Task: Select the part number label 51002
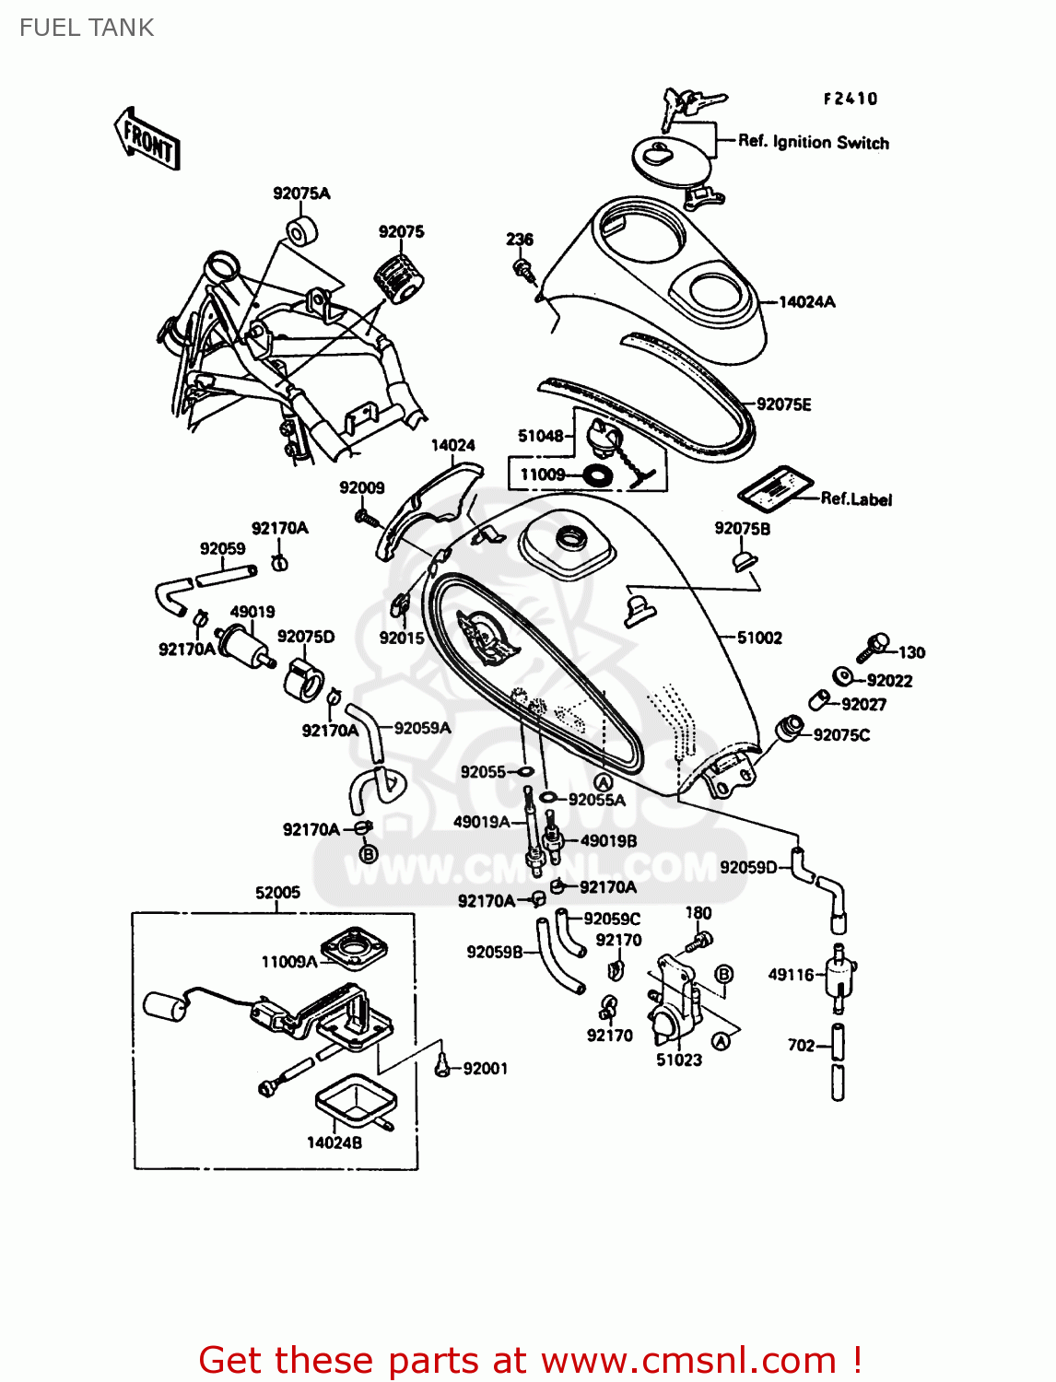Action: pyautogui.click(x=759, y=638)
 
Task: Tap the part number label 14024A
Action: pyautogui.click(x=807, y=302)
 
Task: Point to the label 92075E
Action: pyautogui.click(x=784, y=404)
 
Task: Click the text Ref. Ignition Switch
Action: pyautogui.click(x=814, y=142)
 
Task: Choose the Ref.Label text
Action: pyautogui.click(x=856, y=499)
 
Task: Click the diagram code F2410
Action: pyautogui.click(x=851, y=99)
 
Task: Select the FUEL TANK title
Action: pyautogui.click(x=87, y=28)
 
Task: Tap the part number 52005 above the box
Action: pyautogui.click(x=277, y=892)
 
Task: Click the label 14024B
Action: pyautogui.click(x=334, y=1142)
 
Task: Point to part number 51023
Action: pyautogui.click(x=679, y=1060)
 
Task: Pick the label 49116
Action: pyautogui.click(x=792, y=975)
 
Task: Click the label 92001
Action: pyautogui.click(x=485, y=1069)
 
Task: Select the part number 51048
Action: pyautogui.click(x=540, y=436)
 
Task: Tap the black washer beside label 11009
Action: pyautogui.click(x=598, y=475)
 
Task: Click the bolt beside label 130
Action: pyautogui.click(x=873, y=647)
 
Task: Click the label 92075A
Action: pyautogui.click(x=301, y=193)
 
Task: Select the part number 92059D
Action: pyautogui.click(x=748, y=867)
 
